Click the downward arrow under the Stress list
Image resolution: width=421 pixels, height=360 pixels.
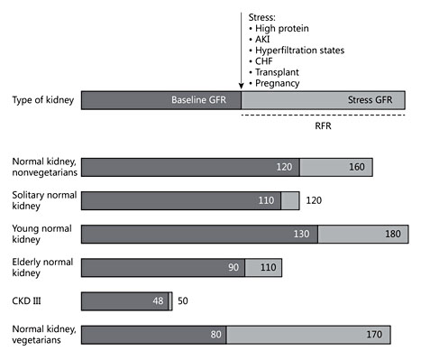coord(241,54)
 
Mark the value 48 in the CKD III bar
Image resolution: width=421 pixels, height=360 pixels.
coord(159,301)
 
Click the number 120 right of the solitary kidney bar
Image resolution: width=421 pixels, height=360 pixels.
coord(313,200)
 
